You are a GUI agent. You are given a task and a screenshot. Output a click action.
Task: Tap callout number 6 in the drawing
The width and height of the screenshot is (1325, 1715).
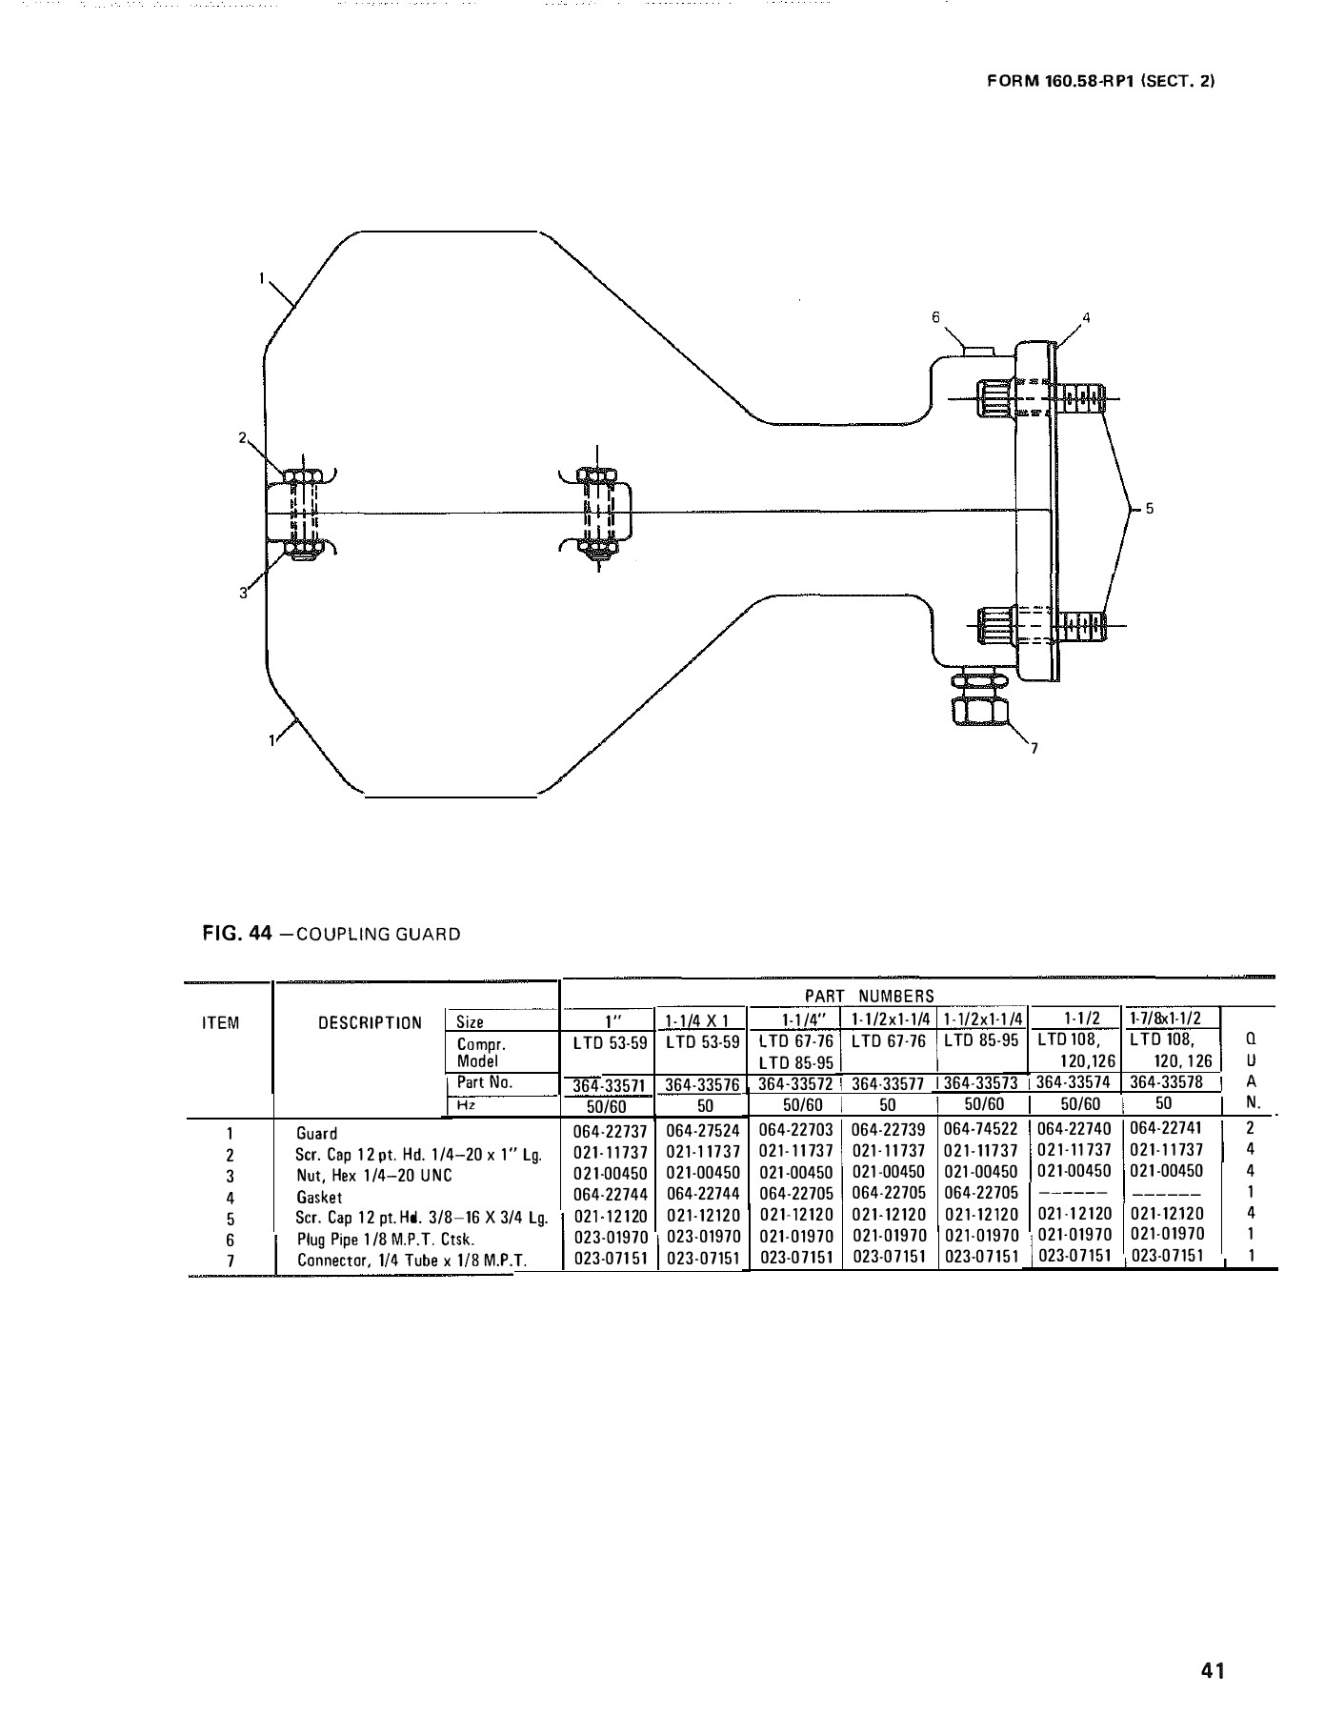coord(935,316)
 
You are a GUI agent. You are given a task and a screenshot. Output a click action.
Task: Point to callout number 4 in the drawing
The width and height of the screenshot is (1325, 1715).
coord(1085,317)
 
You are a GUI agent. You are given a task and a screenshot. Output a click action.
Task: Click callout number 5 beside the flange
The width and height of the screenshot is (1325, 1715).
coord(1150,509)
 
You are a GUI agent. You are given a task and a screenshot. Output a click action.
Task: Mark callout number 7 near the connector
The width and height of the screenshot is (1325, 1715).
coord(1034,748)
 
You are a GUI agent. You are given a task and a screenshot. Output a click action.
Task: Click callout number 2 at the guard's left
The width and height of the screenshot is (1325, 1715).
coord(242,438)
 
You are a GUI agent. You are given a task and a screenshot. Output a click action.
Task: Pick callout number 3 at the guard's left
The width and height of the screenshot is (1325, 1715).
coord(243,593)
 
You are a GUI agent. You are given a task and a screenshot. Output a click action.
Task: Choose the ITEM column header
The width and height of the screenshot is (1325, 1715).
coord(221,1023)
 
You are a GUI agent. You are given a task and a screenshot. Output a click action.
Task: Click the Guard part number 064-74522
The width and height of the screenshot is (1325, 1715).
coord(981,1130)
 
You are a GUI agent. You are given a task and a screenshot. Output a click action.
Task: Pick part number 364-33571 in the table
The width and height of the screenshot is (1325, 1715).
coord(606,1085)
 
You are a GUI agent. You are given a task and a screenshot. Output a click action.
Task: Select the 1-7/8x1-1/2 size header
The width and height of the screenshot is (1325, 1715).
coord(1167,1019)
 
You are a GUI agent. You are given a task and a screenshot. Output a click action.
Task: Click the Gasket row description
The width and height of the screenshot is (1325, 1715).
coord(319,1197)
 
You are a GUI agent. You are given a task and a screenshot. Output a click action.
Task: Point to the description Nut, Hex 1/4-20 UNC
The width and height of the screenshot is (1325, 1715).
coord(374,1176)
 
